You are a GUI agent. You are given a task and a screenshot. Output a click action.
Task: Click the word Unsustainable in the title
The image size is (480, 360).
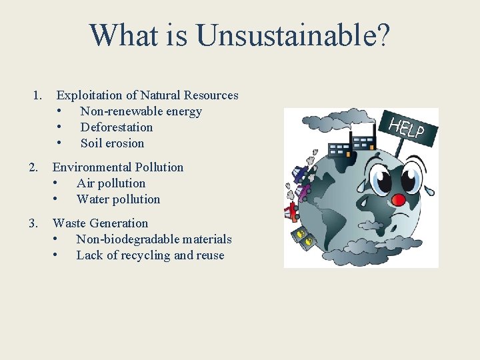(286, 35)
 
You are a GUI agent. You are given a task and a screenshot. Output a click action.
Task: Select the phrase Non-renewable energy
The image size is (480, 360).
(141, 111)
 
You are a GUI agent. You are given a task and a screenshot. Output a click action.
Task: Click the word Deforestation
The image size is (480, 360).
(117, 127)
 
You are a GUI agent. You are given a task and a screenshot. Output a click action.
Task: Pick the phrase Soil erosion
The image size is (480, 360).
(112, 143)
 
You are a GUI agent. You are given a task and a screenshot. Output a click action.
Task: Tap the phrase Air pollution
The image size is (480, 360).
(111, 183)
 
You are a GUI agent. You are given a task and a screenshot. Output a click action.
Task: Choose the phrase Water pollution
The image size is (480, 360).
(118, 199)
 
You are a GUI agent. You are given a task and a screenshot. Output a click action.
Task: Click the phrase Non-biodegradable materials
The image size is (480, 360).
(154, 239)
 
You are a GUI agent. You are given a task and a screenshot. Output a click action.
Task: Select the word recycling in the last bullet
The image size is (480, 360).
(145, 255)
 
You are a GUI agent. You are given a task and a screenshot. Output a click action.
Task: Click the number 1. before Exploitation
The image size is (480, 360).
(38, 95)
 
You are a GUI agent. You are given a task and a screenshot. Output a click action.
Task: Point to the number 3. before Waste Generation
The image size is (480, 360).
(34, 223)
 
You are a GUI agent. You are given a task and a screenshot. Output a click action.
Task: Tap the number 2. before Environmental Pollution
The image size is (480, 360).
(34, 167)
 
